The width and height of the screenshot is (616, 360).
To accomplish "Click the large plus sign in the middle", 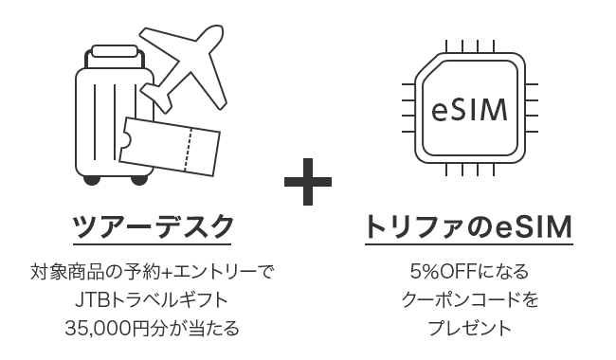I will tap(308, 179).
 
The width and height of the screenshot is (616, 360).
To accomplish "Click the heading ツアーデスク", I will tap(154, 228).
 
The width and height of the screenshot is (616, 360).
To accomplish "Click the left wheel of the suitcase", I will tap(91, 180).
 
